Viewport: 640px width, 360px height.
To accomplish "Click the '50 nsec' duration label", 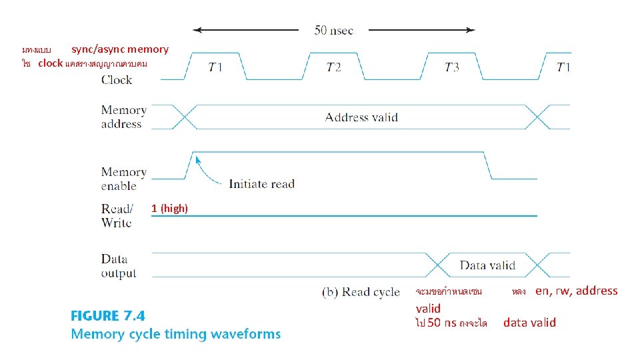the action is click(333, 30).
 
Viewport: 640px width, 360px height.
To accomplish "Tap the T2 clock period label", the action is click(333, 67).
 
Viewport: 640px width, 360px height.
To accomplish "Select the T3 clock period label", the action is click(451, 67).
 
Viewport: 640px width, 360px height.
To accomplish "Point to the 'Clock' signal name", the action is click(117, 80).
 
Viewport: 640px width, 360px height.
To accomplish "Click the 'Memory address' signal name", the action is click(123, 117).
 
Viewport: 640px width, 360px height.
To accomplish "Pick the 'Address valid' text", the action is click(361, 117).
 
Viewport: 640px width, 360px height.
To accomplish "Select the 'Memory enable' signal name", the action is click(123, 179).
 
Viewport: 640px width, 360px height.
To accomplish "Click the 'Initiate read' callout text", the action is click(261, 184).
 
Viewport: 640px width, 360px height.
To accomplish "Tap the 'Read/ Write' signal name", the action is click(117, 215).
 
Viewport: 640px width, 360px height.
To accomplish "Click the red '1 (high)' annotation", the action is click(169, 209).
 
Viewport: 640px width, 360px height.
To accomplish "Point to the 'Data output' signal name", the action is click(118, 266).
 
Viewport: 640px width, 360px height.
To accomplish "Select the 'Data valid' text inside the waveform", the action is click(487, 265).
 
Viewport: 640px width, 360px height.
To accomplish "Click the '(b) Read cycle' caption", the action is click(361, 292).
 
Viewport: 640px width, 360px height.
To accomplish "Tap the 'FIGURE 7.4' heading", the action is click(107, 315).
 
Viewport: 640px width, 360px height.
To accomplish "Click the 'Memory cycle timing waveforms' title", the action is click(175, 334).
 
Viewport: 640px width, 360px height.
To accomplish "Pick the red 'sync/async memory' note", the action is click(120, 49).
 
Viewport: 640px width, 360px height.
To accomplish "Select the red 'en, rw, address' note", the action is click(577, 291).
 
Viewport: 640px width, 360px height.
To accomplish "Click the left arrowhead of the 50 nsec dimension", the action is click(196, 30).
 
